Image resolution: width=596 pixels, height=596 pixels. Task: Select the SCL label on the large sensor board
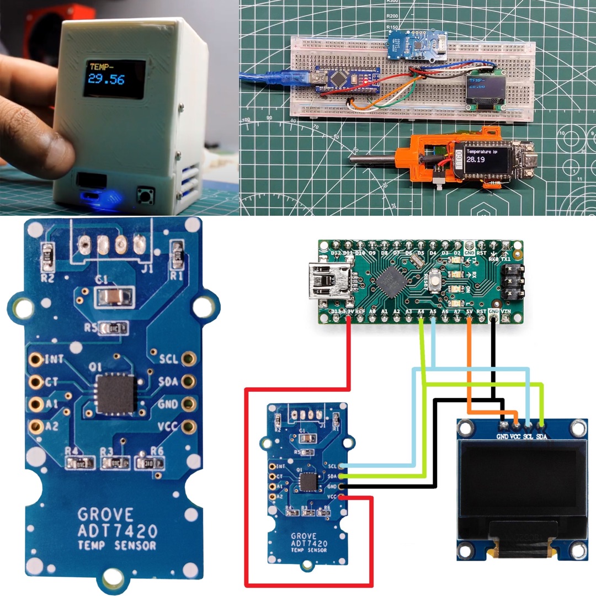168,359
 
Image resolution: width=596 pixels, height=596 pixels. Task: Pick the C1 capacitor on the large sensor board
114,298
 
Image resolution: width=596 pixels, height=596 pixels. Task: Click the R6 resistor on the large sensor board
149,463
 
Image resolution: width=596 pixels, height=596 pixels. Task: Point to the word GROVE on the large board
105,515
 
